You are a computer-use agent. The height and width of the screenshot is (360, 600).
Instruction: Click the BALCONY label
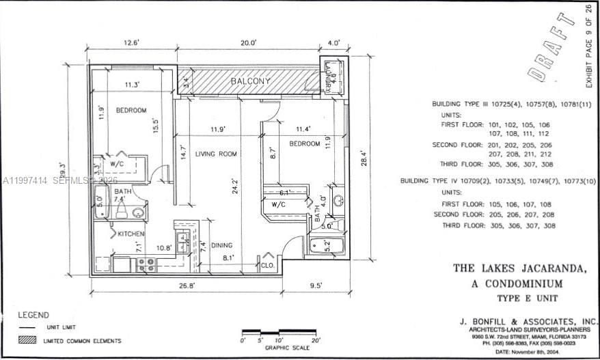(x=250, y=81)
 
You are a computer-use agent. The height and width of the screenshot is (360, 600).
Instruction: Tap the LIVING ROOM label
(x=216, y=154)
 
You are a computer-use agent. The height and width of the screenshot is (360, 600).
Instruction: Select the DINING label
(x=221, y=245)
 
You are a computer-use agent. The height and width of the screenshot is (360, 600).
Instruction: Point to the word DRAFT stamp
(x=552, y=44)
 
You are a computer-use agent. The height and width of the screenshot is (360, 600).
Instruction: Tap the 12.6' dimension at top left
(x=131, y=42)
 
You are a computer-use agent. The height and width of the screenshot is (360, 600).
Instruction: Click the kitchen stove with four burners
(x=146, y=264)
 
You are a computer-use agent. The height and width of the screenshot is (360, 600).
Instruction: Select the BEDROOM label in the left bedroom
(x=131, y=110)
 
